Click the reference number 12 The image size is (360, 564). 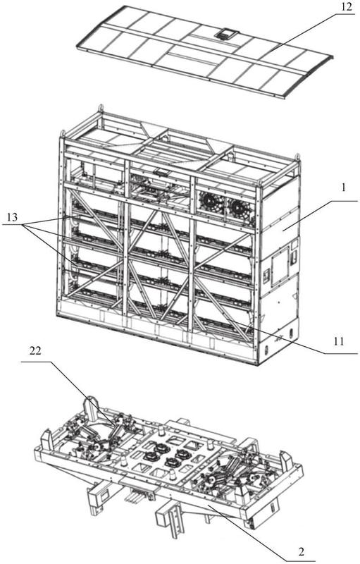coord(347,7)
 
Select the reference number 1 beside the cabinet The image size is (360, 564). coord(344,188)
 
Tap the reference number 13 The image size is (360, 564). coord(11,216)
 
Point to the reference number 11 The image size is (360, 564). coord(338,341)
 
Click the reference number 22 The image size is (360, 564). coord(35,350)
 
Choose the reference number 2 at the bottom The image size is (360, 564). coord(301,551)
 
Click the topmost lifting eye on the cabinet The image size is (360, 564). coord(101,109)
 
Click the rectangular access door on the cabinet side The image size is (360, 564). coord(280,267)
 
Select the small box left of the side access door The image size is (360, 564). coord(267,276)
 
